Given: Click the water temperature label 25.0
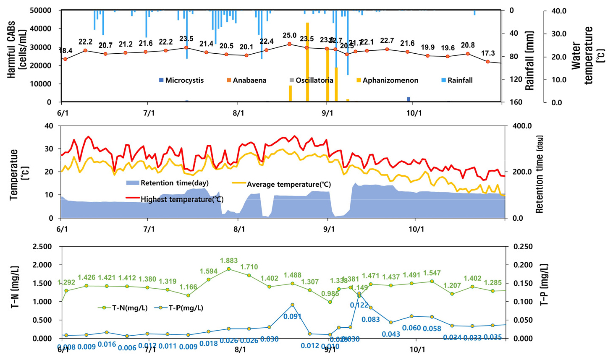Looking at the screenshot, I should tap(289, 36).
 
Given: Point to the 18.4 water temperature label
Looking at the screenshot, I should tap(65, 51).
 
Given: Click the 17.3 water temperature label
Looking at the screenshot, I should tap(487, 54).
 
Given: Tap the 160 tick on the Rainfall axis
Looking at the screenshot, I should tap(514, 102).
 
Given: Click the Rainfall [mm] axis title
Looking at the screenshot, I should tap(530, 60).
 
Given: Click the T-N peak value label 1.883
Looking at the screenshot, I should tap(229, 261).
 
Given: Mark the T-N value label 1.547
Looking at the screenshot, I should tap(432, 273).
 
